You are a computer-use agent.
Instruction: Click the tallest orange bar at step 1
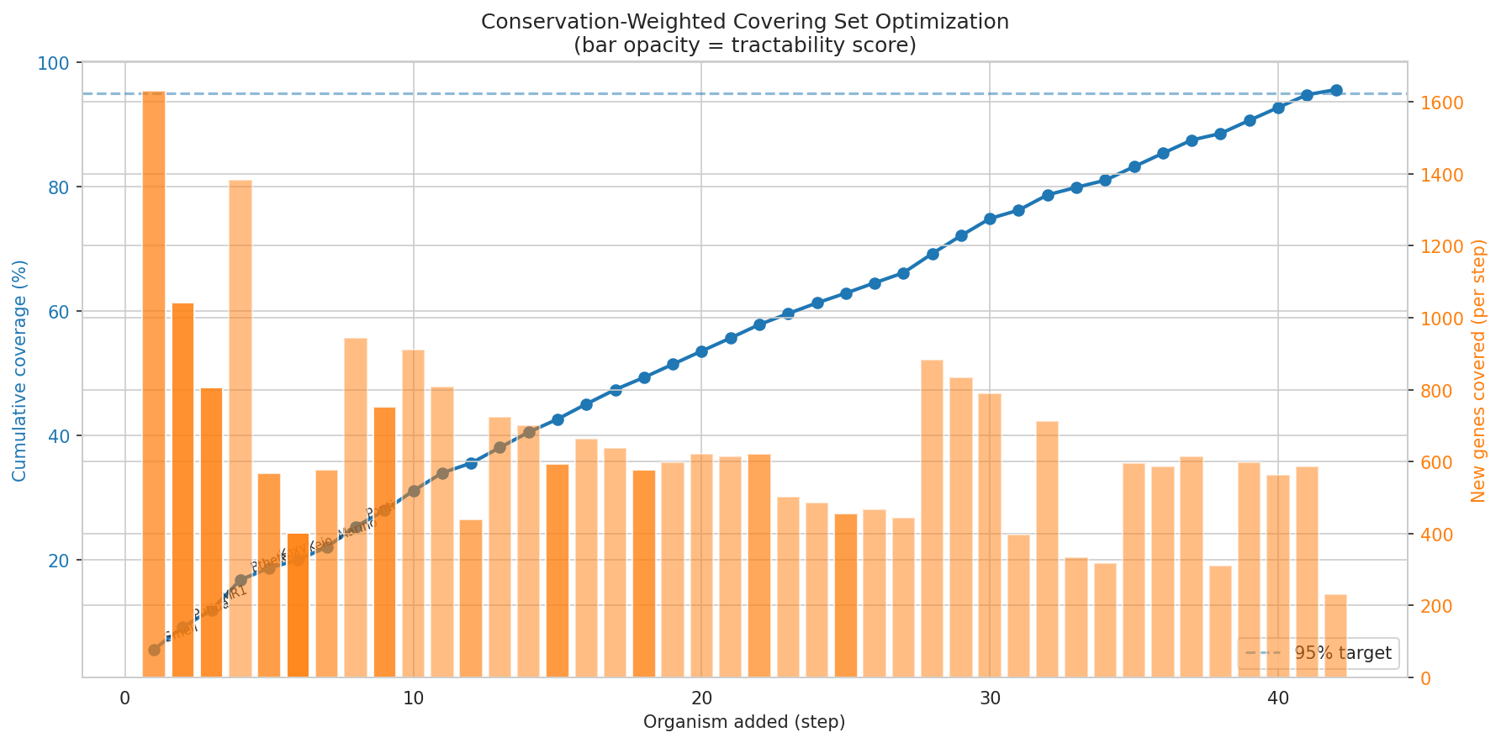point(154,383)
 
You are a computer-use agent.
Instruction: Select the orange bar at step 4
point(240,429)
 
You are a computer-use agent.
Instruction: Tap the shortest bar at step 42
point(1335,636)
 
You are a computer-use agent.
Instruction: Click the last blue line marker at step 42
point(1335,90)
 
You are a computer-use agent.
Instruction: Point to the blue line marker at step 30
point(990,219)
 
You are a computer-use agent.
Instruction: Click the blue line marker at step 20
point(701,351)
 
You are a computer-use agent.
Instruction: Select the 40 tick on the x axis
point(1277,699)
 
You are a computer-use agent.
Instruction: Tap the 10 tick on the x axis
point(413,699)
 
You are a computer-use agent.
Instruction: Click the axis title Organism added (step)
point(743,722)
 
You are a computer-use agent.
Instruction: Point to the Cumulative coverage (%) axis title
point(19,371)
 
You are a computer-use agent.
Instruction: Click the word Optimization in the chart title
point(953,22)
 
